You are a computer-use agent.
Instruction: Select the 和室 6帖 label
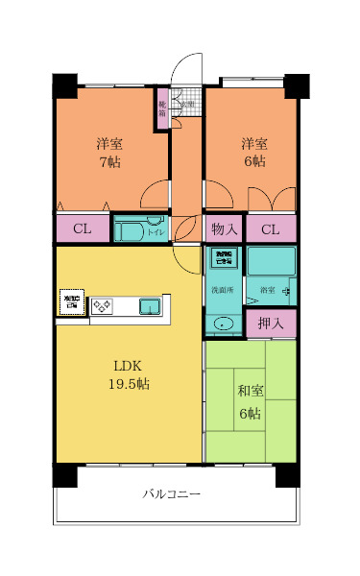[x=250, y=402]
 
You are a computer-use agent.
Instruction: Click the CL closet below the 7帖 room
[x=83, y=229]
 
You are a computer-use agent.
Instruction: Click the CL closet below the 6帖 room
[x=271, y=229]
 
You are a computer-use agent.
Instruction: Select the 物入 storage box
[x=225, y=229]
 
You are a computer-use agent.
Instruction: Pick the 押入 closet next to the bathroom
[x=271, y=324]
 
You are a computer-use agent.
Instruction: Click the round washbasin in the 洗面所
[x=224, y=324]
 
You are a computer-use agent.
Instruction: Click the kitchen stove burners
[x=102, y=306]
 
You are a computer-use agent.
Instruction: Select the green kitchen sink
[x=150, y=306]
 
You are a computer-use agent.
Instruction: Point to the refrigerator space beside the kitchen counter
[x=71, y=302]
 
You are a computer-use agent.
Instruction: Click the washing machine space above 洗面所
[x=224, y=258]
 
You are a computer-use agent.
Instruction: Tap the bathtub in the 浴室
[x=272, y=260]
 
